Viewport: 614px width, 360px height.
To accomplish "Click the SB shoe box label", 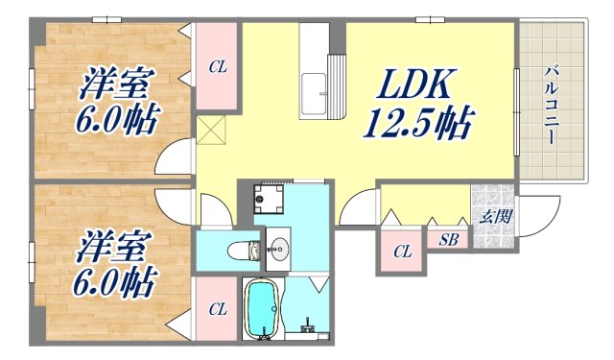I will (x=448, y=239).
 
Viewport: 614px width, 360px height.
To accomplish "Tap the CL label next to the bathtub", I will (x=218, y=309).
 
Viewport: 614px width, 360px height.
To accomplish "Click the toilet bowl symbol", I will (x=240, y=252).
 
